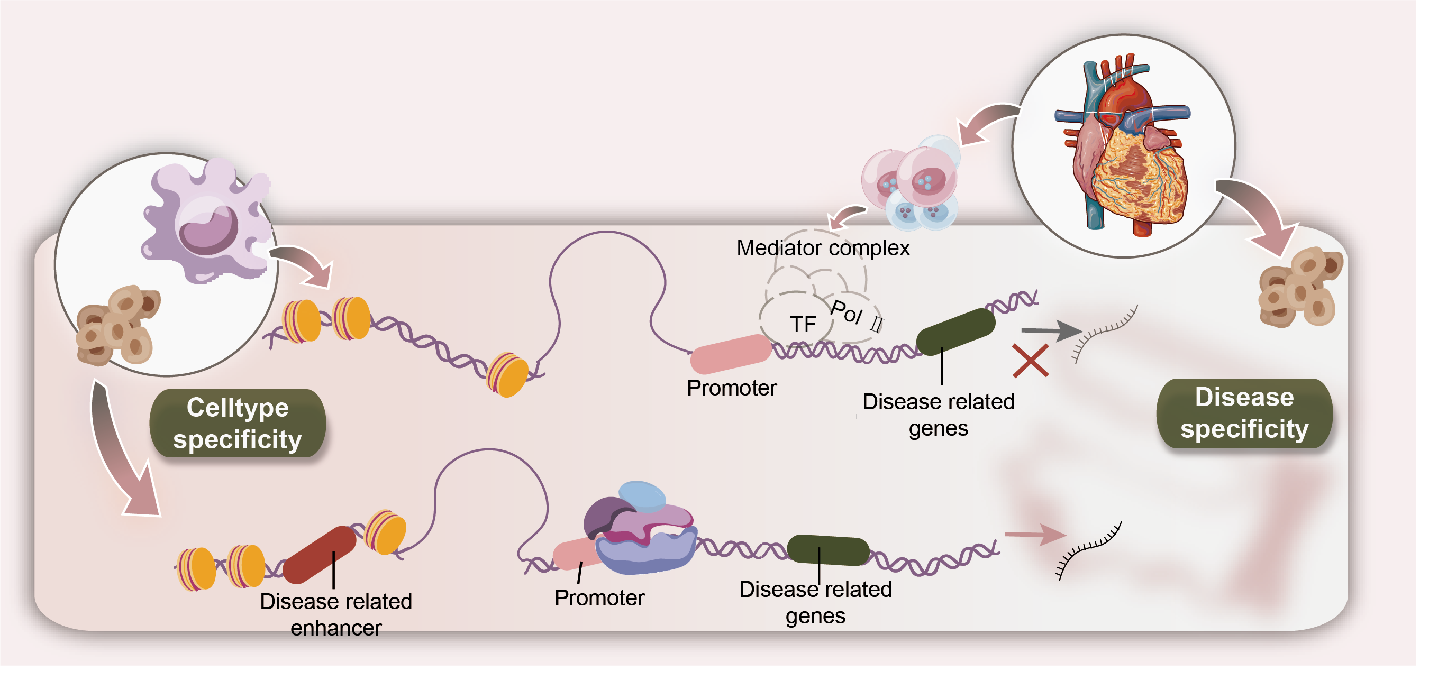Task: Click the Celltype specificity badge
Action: [x=238, y=424]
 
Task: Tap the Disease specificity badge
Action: [x=1244, y=413]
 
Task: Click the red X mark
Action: [x=1031, y=361]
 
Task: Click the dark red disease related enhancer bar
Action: [x=320, y=555]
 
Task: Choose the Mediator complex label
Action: [x=823, y=247]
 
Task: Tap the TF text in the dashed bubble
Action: [x=803, y=324]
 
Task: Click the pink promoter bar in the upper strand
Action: [x=731, y=354]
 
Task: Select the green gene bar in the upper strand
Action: [x=955, y=332]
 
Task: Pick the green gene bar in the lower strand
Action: [x=828, y=550]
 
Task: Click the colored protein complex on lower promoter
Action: [x=641, y=528]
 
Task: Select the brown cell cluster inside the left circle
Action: [x=118, y=325]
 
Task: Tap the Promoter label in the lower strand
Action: [x=599, y=597]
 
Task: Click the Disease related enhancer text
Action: [x=336, y=615]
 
